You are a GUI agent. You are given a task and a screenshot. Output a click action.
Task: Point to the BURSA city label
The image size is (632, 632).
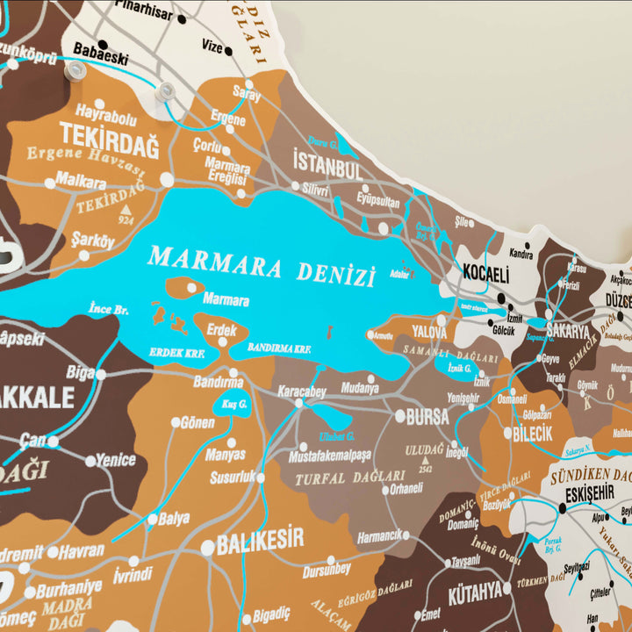[x=427, y=417]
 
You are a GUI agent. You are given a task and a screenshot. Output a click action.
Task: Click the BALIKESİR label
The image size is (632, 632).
[x=260, y=539]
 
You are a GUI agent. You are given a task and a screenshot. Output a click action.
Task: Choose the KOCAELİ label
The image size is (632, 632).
[x=485, y=274]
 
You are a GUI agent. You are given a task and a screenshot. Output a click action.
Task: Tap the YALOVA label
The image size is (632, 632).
[x=430, y=334]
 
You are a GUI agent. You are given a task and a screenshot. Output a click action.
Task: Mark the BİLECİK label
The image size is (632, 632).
[x=533, y=434]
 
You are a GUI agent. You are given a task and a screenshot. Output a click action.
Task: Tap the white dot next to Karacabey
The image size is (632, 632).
[x=298, y=403]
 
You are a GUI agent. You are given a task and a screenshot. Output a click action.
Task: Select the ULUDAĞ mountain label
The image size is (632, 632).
[x=424, y=449]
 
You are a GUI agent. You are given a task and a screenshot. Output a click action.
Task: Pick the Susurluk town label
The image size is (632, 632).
[x=232, y=477]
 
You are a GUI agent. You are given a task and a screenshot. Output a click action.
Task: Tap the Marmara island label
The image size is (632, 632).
[x=226, y=300]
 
